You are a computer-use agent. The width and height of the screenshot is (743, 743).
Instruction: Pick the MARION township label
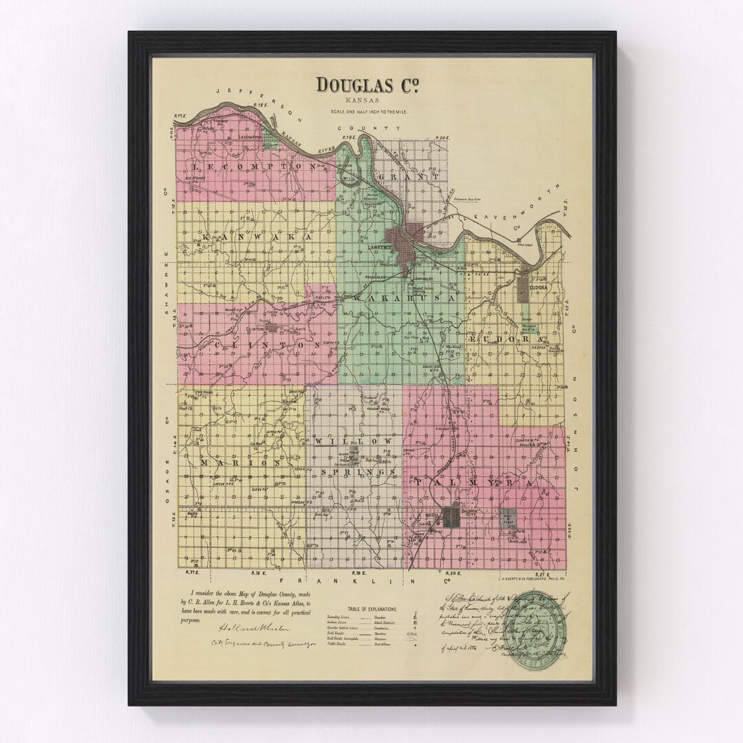click(x=240, y=463)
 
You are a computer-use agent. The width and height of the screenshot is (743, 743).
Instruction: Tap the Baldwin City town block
click(x=455, y=517)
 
